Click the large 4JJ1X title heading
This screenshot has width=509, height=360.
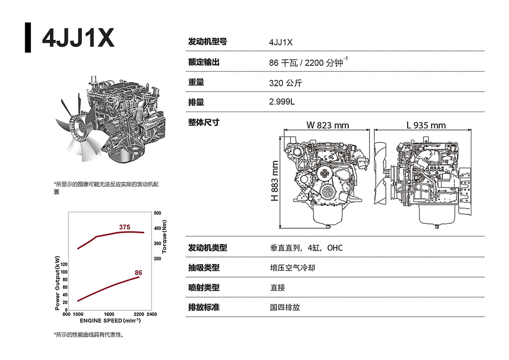(x=78, y=39)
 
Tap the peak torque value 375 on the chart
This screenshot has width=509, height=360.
(x=124, y=227)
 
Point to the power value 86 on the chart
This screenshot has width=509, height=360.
(x=138, y=272)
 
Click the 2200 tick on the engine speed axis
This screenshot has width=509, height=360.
(x=139, y=314)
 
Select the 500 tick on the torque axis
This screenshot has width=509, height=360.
(x=157, y=213)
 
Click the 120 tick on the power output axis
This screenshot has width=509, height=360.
(x=64, y=265)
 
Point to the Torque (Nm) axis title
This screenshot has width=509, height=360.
(x=165, y=236)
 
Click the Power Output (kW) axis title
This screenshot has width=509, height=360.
(x=58, y=283)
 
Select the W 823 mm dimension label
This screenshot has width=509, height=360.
(x=327, y=125)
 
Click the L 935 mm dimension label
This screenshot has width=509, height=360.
(x=426, y=125)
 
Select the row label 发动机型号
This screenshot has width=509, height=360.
(x=207, y=42)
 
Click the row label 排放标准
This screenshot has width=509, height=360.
(x=204, y=307)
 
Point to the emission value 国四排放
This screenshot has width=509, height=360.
(x=285, y=307)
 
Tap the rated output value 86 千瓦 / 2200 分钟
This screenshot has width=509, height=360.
(x=308, y=63)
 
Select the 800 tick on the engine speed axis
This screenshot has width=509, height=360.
(x=66, y=314)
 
